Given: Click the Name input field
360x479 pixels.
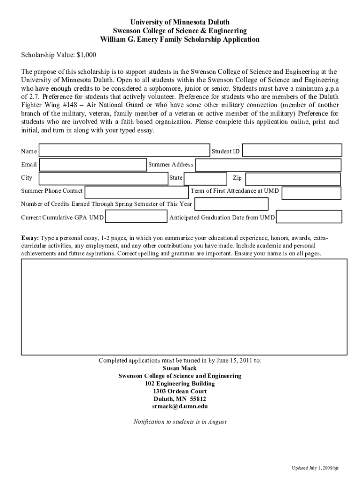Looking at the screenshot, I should pos(124,150).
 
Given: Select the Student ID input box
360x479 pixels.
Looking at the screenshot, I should pos(292,150).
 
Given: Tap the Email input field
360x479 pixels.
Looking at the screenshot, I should pos(93,165).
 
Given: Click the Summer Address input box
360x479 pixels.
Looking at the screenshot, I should pos(268,165).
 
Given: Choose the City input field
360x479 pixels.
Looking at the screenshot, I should pos(103,179).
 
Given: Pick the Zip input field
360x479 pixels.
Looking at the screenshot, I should pos(293,179).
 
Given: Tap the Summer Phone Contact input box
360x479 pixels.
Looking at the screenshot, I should pos(137,192).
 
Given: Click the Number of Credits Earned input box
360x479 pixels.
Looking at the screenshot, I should pos(231,204).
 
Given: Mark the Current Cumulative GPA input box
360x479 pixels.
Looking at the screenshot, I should pos(136,218).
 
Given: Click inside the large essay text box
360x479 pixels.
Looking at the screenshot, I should pos(184,307).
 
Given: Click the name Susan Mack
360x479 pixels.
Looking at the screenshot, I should pos(180,368).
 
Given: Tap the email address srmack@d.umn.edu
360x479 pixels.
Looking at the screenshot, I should pos(180,406).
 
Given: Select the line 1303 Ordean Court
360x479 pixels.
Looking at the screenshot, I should pos(180,391).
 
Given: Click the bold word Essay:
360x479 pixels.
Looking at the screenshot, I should pos(30,238).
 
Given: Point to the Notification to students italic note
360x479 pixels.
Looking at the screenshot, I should pos(180,421).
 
